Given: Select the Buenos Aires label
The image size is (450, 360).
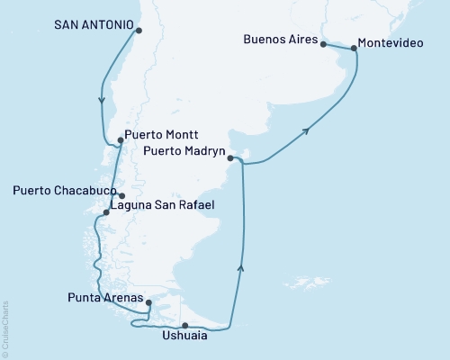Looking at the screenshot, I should pos(280,40).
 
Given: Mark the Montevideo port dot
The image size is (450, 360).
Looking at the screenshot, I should pos(354,48).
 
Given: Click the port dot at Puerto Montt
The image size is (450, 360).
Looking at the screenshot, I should pos(120,139).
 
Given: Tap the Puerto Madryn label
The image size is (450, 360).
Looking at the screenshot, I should pos(183,152).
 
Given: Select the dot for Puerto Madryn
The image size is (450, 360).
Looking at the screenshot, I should pos(230,158).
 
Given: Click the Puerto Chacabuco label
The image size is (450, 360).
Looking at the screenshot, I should pos(62,191).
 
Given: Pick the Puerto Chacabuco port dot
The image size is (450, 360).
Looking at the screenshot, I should pos(121,195).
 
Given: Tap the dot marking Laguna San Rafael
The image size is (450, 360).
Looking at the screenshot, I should pos(107,213).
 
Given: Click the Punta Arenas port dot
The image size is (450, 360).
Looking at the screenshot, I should pos(148,303).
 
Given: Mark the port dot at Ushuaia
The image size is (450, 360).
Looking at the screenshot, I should pos(184,326).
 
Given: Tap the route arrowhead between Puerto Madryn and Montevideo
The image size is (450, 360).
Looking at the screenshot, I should pos(307,131).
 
